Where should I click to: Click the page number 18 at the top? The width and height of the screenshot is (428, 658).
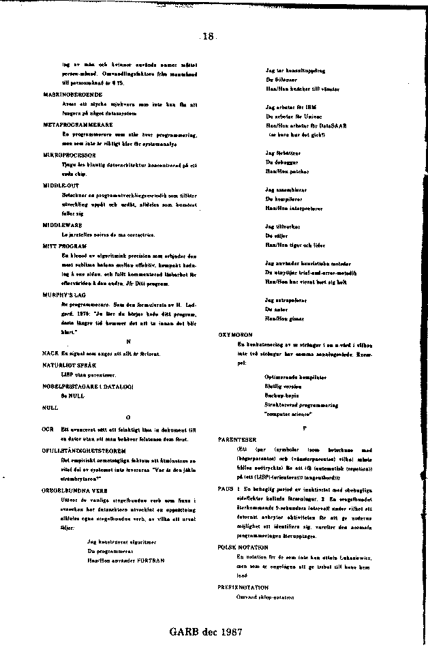point(209,37)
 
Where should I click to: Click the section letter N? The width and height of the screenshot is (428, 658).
point(128,341)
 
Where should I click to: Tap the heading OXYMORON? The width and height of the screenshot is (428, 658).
point(234,335)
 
